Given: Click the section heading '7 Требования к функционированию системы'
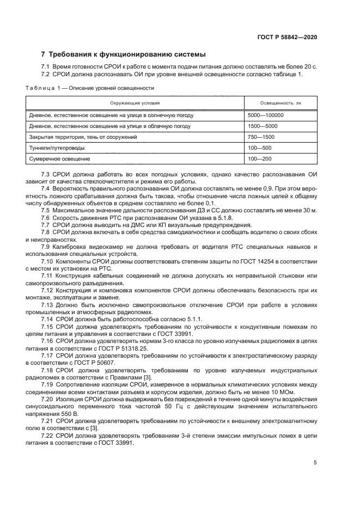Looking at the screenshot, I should pyautogui.click(x=124, y=54).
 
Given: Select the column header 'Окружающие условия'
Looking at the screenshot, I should pyautogui.click(x=135, y=102).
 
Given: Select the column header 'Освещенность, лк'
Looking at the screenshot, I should pyautogui.click(x=280, y=102).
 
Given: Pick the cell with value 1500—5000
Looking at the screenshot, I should pyautogui.click(x=262, y=126).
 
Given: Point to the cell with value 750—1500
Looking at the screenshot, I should pyautogui.click(x=261, y=137).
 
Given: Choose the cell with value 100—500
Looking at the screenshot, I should pyautogui.click(x=259, y=148).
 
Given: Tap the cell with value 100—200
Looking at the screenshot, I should pyautogui.click(x=259, y=158).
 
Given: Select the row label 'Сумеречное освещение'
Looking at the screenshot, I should pyautogui.click(x=59, y=158).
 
